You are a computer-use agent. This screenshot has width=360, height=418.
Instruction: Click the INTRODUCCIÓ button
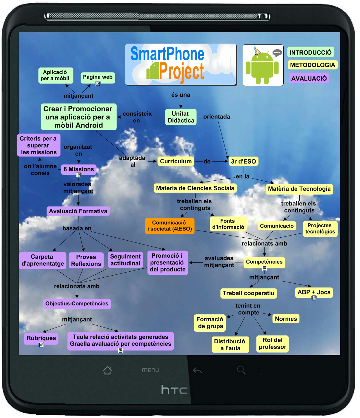coord(310,52)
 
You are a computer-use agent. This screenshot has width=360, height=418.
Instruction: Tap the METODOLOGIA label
coord(313,65)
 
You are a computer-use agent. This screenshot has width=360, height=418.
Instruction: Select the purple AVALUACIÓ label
coord(309,78)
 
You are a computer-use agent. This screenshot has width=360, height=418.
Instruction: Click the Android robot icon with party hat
coord(263,65)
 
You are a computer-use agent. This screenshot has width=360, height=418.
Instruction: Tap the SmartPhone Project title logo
coord(181,64)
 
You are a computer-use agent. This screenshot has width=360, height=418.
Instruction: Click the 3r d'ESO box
coord(243,161)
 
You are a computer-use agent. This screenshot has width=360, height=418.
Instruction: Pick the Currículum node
coord(176,161)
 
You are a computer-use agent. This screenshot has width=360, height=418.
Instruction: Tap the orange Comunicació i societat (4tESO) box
coord(170,226)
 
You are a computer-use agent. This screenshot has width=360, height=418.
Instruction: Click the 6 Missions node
coord(79,169)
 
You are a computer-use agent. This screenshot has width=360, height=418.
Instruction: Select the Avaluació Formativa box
coord(78,211)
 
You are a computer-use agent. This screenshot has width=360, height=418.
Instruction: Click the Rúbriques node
coord(41,338)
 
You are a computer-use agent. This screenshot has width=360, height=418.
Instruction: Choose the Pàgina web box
coord(98,77)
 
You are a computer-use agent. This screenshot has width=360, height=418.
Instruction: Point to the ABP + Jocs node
coord(314,292)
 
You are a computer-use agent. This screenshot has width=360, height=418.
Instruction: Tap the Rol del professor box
coord(273,343)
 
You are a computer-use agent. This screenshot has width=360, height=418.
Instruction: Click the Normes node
coord(286,319)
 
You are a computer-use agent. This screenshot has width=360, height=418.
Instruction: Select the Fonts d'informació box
coord(228,224)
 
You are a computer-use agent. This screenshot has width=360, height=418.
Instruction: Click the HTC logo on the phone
coord(174,390)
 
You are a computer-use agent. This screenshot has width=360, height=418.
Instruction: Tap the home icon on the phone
coord(107,370)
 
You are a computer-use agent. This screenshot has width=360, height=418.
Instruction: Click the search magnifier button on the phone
coord(241,370)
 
